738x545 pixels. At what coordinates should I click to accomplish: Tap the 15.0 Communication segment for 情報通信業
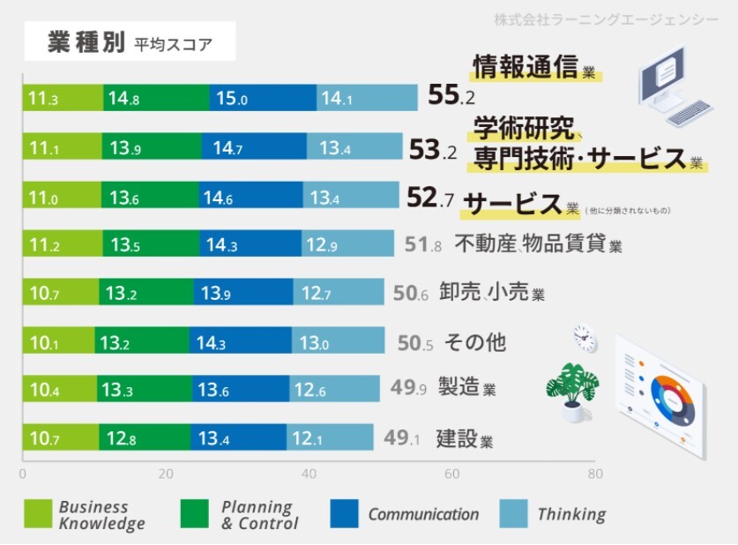[263, 99]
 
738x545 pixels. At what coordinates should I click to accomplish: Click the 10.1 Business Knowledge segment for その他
[58, 341]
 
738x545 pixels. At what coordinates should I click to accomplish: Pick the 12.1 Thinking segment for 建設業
[329, 437]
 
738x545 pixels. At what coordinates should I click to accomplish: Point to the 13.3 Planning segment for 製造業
[145, 389]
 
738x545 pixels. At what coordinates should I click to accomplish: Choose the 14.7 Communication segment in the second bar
[254, 148]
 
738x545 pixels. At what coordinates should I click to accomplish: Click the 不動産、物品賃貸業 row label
[537, 244]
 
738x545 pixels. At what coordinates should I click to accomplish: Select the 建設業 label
[464, 438]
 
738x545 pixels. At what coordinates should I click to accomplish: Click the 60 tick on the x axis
[452, 474]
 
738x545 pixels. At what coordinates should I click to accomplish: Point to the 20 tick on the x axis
[166, 474]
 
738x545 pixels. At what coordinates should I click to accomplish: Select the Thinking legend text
[571, 515]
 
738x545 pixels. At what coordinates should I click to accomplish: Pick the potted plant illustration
[571, 389]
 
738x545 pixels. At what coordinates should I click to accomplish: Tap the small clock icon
[584, 337]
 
